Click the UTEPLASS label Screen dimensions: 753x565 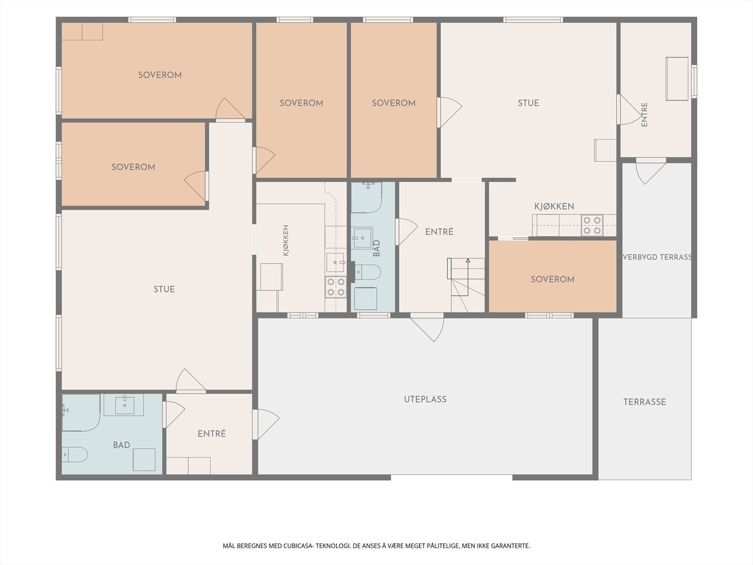click(x=425, y=399)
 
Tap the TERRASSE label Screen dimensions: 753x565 click(x=645, y=402)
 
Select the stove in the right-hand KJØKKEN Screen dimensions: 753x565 click(x=592, y=226)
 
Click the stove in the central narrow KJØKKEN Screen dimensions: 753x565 click(x=336, y=287)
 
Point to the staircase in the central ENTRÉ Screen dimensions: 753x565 click(x=466, y=285)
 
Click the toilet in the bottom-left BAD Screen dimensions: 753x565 click(x=75, y=454)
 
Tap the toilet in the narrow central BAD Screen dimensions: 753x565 click(x=368, y=273)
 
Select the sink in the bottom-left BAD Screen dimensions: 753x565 click(x=124, y=405)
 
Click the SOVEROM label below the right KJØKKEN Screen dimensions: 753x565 click(x=553, y=279)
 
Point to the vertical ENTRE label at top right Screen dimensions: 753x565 click(x=644, y=114)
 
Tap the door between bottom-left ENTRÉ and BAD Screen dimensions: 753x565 click(x=174, y=415)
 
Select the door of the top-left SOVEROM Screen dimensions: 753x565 click(x=230, y=109)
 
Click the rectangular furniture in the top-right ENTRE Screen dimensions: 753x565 click(x=677, y=79)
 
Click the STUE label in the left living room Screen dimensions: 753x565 click(x=164, y=289)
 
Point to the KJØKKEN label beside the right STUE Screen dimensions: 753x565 click(x=554, y=206)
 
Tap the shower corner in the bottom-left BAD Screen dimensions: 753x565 click(x=81, y=413)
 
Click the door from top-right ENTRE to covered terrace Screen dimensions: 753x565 click(x=651, y=171)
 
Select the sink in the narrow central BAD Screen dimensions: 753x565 click(x=362, y=237)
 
